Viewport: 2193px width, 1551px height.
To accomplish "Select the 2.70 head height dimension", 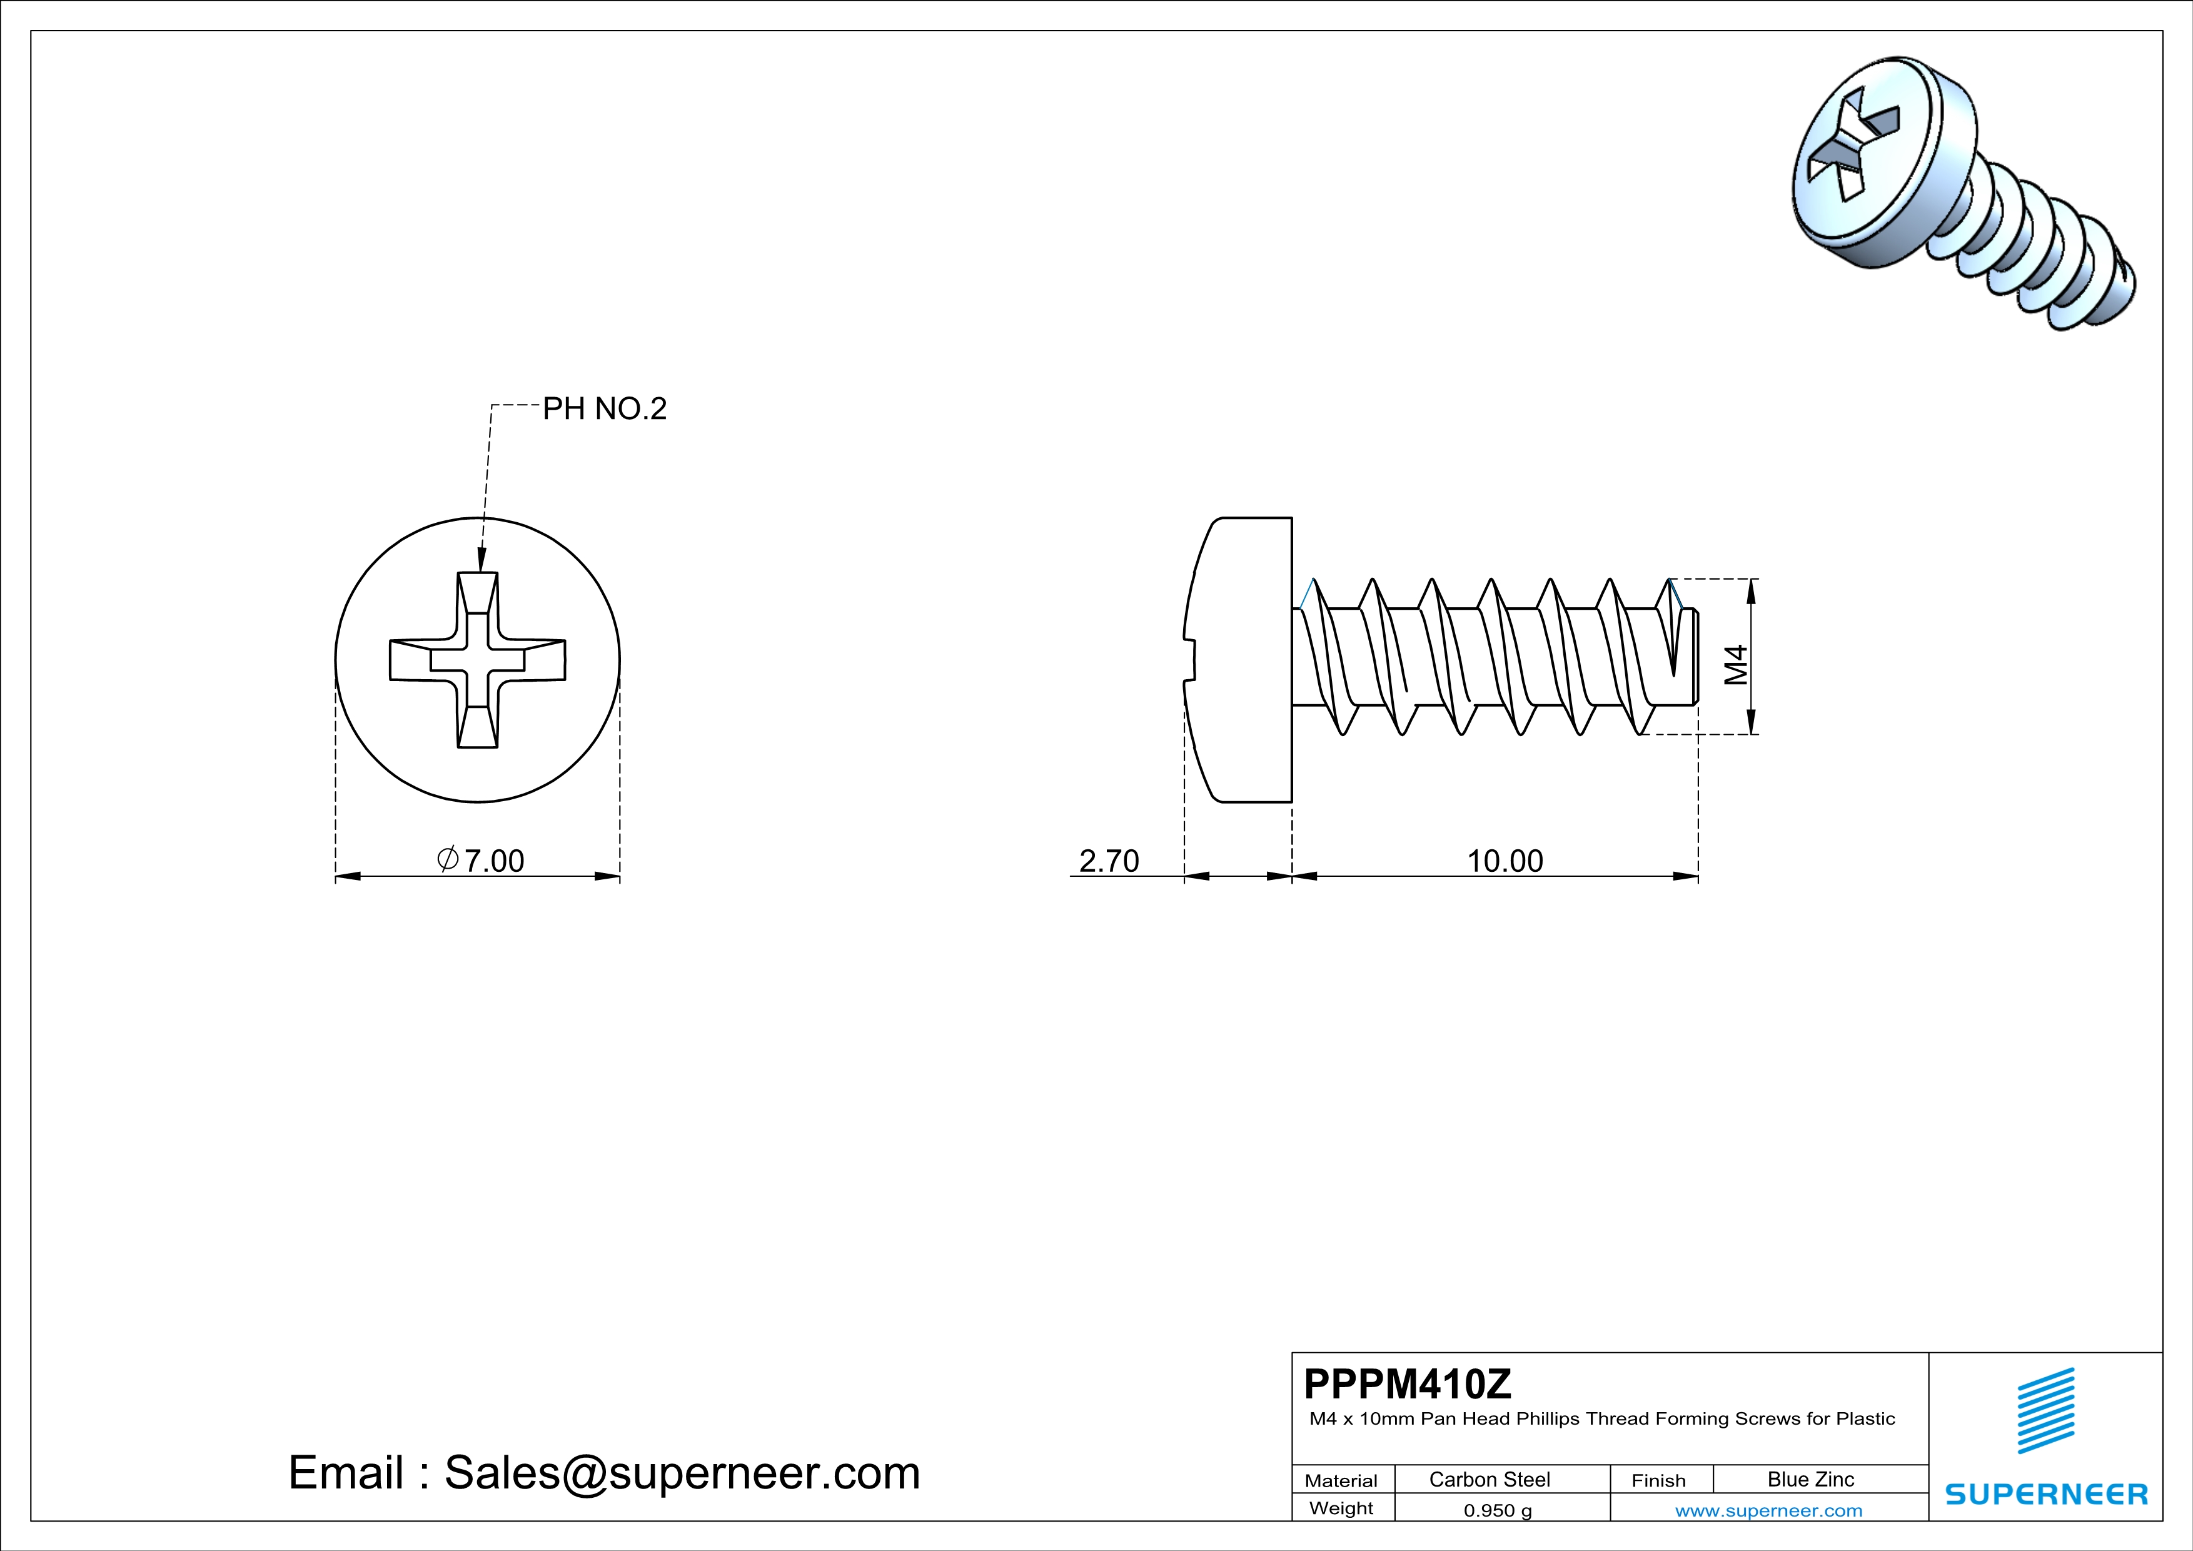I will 1109,861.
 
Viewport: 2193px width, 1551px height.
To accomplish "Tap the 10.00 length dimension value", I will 1505,861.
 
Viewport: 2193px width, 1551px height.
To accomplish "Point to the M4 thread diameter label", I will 1735,665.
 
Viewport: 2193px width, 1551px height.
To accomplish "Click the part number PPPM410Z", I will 1408,1384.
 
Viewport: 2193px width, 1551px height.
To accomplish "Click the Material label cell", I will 1341,1480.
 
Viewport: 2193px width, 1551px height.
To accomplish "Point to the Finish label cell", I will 1658,1480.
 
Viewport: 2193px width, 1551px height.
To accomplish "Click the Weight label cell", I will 1341,1508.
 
